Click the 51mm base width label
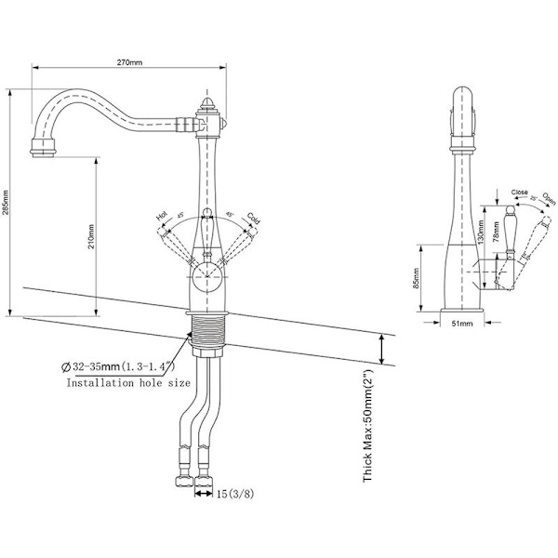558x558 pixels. pos(462,325)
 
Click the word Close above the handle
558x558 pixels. pos(520,193)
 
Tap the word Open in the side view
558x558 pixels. pos(550,200)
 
